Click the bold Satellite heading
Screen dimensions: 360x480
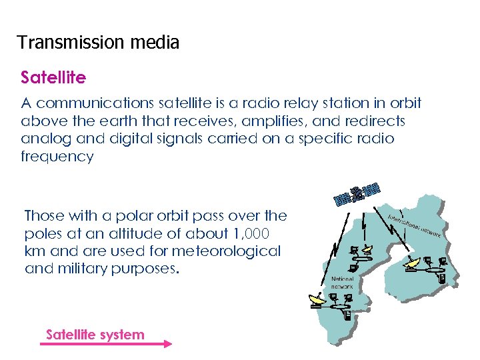[53, 78]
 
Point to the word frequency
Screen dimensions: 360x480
[57, 157]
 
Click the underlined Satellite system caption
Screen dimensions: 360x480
[95, 334]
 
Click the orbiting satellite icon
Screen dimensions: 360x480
[357, 193]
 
